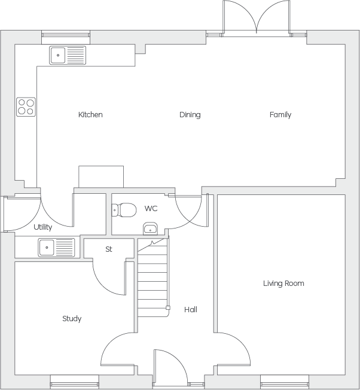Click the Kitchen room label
pos(90,115)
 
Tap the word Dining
pos(190,115)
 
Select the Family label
pos(280,115)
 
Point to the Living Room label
pos(283,284)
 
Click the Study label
pos(72,319)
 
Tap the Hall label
pos(191,310)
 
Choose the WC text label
pos(151,208)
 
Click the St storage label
pos(109,249)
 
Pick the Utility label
pos(43,227)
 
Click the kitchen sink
pos(68,55)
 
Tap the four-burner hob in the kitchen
pos(26,107)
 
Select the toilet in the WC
pos(124,210)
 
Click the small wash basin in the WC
pos(150,228)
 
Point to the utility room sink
pos(56,248)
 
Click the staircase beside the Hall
pos(153,278)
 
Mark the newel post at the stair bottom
pos(168,308)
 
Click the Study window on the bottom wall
pos(75,382)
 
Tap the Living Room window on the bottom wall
pos(285,382)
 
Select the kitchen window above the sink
pos(66,34)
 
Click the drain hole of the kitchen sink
pos(58,55)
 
